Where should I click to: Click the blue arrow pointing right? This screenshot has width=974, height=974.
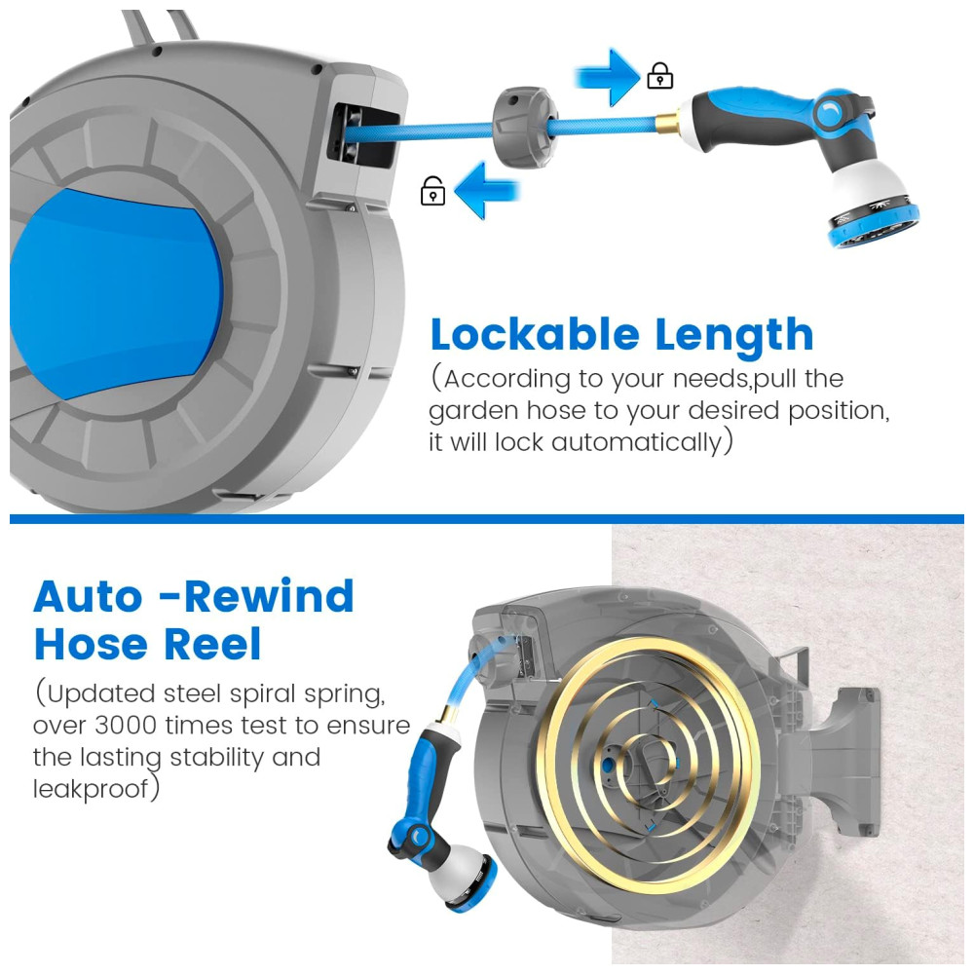(608, 78)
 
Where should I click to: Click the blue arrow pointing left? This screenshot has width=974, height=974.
(486, 191)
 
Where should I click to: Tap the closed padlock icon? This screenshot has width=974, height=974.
(659, 76)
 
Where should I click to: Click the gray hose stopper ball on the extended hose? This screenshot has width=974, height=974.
(524, 128)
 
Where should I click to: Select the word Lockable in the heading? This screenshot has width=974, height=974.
(535, 335)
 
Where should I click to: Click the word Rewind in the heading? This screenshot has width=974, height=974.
(269, 597)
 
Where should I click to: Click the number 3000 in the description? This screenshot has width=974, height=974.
(126, 725)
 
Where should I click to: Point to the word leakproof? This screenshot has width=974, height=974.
(92, 789)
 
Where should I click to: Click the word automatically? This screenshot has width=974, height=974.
(636, 442)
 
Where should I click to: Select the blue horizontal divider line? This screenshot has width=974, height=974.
(486, 519)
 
